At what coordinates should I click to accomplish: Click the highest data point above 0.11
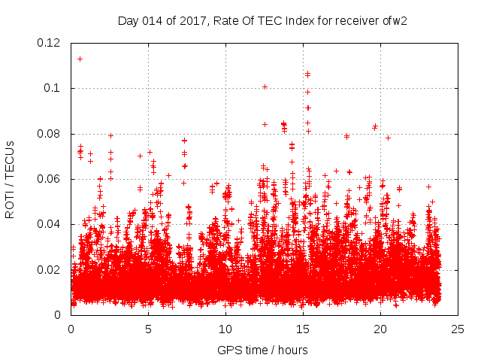(x=80, y=59)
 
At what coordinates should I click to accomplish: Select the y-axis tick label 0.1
(x=57, y=88)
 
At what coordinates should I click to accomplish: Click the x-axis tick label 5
(x=149, y=329)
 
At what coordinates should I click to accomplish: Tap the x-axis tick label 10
(x=225, y=329)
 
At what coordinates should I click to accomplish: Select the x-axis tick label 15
(x=303, y=329)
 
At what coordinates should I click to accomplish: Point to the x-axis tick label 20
(x=380, y=329)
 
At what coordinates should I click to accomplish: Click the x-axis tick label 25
(x=458, y=329)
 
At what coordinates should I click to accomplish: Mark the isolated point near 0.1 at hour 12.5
(x=265, y=86)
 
